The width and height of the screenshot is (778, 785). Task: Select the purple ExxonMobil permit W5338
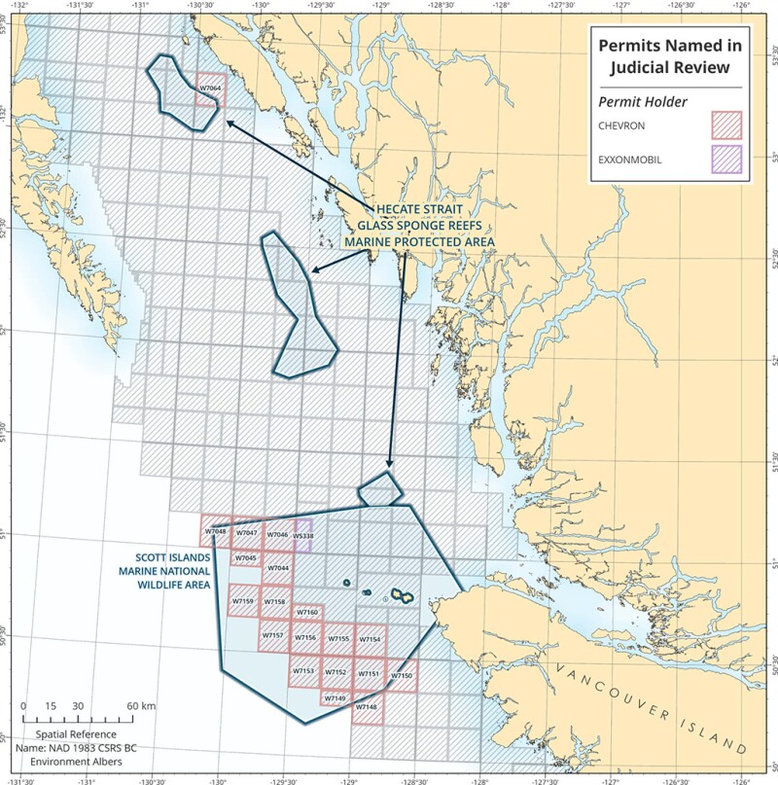pyautogui.click(x=302, y=536)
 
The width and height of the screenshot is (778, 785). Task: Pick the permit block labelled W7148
pyautogui.click(x=367, y=707)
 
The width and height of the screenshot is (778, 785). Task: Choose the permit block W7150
pyautogui.click(x=402, y=675)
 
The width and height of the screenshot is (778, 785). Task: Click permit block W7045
pyautogui.click(x=245, y=558)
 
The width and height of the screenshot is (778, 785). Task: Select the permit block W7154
pyautogui.click(x=370, y=639)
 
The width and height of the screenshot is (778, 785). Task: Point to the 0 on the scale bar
pyautogui.click(x=24, y=705)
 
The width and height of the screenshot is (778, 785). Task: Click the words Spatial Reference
pyautogui.click(x=76, y=734)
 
